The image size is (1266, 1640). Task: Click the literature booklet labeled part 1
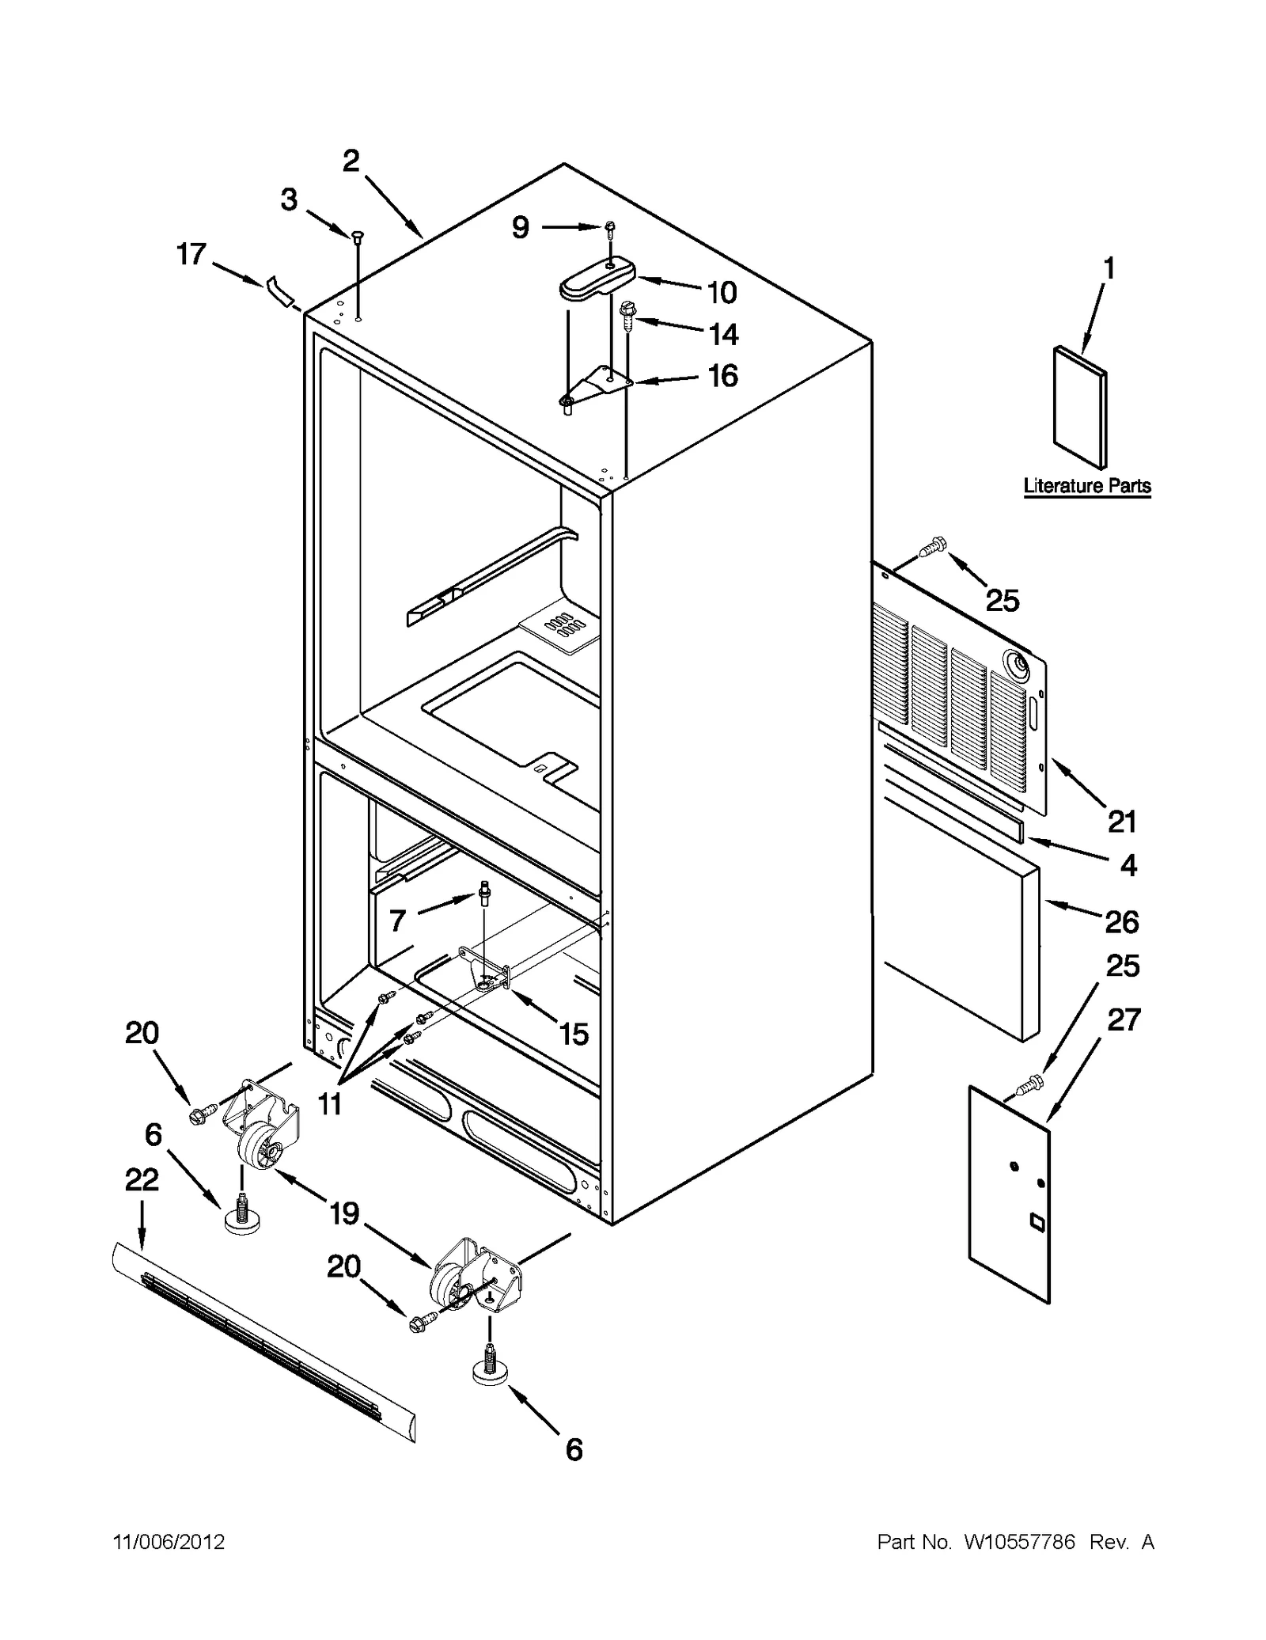1080,408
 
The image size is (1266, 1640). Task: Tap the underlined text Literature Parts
1087,486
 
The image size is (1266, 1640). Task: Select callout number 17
191,255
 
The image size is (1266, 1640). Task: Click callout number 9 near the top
520,228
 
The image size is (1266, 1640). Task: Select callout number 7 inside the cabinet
397,920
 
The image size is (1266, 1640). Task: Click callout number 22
142,1180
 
